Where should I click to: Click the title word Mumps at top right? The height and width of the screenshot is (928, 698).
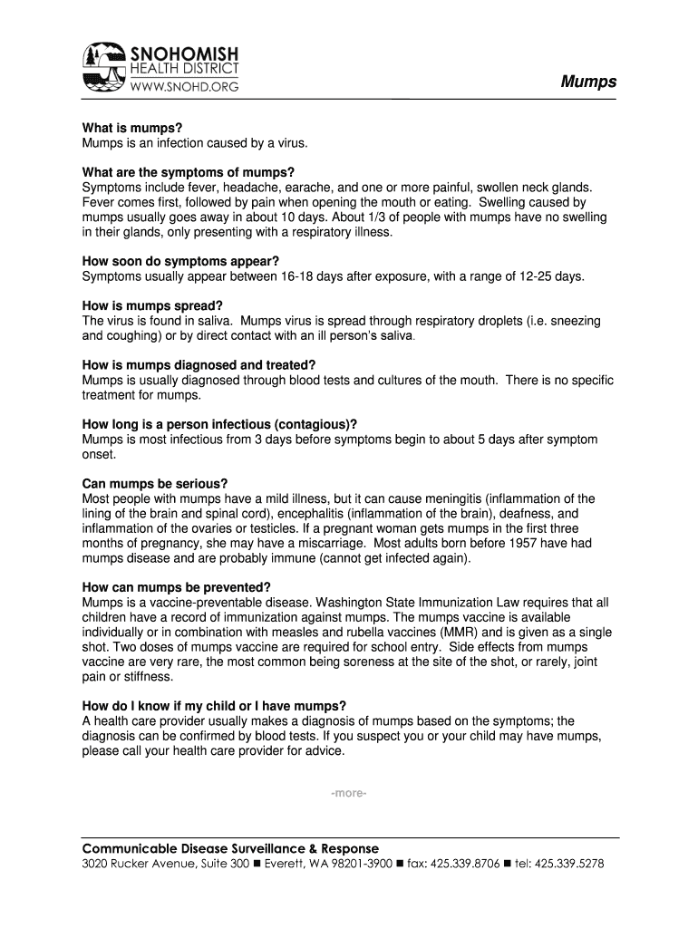588,82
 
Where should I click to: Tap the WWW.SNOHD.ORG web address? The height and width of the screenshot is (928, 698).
186,87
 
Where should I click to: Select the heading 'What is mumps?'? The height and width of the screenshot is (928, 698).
126,129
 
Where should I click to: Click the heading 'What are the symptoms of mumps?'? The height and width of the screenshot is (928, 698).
189,172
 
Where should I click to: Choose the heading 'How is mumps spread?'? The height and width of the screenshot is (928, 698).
152,305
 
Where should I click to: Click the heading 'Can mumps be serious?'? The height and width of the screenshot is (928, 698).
155,483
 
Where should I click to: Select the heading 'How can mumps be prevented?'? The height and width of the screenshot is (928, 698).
176,586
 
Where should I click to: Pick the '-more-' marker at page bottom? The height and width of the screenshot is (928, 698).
349,794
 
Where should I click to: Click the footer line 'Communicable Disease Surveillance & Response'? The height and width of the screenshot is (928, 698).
230,848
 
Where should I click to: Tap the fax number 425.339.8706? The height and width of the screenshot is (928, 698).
465,865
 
